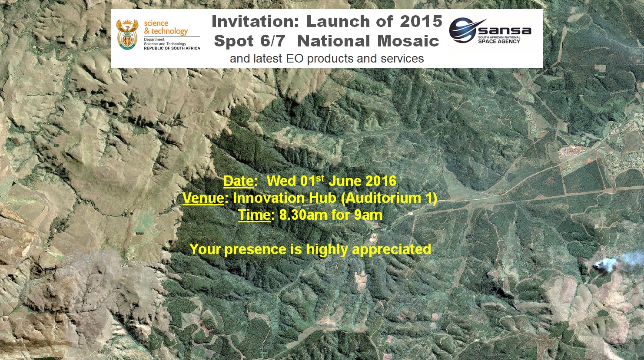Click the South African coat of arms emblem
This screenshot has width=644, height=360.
127,34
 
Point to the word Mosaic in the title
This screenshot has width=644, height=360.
408,41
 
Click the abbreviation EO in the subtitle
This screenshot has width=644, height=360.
295,59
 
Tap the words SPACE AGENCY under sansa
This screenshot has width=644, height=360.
499,41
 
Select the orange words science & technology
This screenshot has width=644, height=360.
166,27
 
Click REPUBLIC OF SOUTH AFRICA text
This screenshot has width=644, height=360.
172,48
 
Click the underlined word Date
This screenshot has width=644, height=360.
239,181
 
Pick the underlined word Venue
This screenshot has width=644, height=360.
203,198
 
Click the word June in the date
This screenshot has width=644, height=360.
345,181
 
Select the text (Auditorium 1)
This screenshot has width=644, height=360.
388,198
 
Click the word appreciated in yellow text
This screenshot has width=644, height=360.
392,249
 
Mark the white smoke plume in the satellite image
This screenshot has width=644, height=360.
615,262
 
